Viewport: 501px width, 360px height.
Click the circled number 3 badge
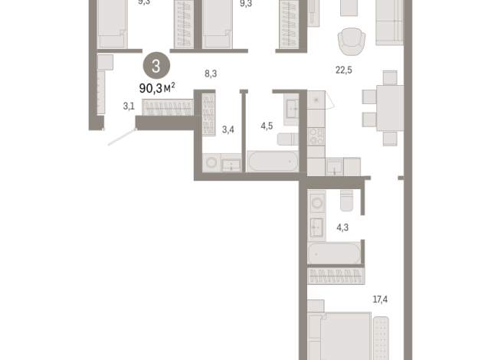156,67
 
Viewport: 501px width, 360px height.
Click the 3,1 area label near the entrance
129,106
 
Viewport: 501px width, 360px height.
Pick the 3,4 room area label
228,129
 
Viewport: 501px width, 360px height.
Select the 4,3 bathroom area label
342,227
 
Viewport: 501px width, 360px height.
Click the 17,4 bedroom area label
379,298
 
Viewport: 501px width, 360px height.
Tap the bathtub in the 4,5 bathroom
272,162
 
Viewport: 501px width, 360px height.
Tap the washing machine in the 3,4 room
211,163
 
